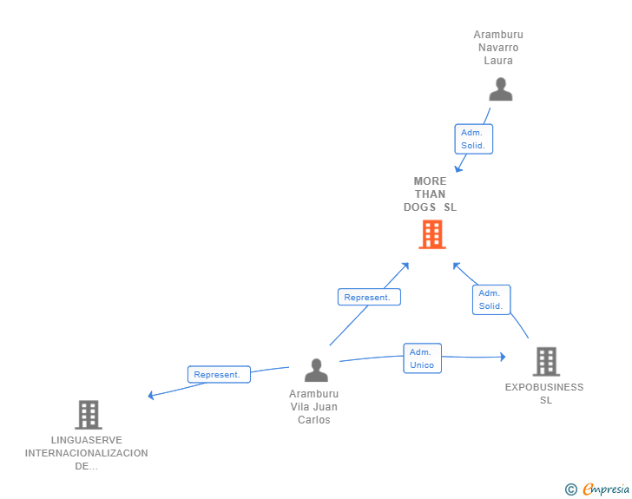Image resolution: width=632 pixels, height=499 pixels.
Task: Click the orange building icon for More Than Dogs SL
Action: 431,234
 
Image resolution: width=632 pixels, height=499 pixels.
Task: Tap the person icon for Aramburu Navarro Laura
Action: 500,90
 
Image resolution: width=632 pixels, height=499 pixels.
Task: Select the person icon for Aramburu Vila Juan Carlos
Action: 316,371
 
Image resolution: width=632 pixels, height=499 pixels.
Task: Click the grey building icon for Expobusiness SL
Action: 545,361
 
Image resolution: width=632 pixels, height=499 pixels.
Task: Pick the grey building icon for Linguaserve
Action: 89,415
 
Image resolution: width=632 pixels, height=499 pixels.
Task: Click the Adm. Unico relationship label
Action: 422,358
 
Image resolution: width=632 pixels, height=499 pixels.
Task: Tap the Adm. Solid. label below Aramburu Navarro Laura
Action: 473,139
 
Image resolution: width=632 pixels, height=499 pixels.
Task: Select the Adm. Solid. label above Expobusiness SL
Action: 491,299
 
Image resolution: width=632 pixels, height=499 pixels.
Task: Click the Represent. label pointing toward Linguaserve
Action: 218,375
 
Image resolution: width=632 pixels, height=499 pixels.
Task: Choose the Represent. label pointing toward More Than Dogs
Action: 368,297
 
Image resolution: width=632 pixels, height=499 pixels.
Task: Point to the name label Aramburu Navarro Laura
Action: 498,48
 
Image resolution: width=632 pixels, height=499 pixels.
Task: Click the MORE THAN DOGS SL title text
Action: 430,194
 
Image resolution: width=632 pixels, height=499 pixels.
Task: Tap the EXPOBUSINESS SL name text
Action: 544,394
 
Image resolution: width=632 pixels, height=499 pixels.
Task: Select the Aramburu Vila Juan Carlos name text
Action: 314,407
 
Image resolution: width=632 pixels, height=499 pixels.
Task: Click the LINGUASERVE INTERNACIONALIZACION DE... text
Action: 87,453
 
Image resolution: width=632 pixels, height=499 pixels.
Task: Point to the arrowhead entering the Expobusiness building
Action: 502,357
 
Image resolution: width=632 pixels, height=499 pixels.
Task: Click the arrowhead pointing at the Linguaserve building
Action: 151,396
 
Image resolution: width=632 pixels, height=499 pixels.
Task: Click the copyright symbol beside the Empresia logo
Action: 570,489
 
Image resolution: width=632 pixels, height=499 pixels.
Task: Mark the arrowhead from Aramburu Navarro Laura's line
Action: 458,168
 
